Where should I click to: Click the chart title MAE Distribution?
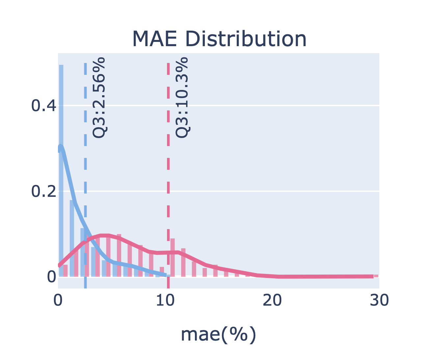[219, 39]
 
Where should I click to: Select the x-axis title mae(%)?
[218, 335]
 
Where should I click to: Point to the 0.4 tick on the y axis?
[43, 106]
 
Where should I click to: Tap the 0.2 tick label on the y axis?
[43, 191]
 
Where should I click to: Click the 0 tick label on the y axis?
[51, 277]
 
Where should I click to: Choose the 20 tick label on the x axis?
[272, 300]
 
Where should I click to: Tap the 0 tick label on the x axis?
[58, 300]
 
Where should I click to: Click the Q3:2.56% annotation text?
[99, 98]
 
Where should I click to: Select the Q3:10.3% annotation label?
[182, 98]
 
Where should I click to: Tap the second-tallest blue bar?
[72, 237]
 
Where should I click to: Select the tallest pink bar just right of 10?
[173, 257]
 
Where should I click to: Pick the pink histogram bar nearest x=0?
[65, 271]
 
